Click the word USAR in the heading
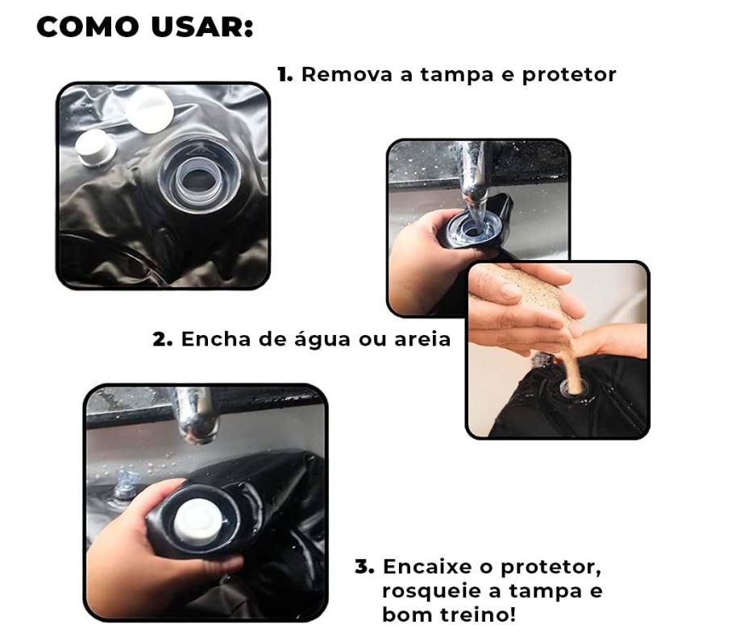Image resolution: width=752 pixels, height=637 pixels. pos(202,27)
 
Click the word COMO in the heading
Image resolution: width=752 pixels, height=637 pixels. pos(88,27)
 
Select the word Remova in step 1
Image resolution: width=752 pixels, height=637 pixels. pos(347,74)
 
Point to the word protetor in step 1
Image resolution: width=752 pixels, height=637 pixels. pos(569,75)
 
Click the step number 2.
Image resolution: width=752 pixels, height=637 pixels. pos(163,339)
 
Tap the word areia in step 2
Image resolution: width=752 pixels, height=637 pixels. pos(422,339)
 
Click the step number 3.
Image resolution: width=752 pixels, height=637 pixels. pos(364,567)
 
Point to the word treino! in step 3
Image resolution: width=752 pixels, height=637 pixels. pos(479,614)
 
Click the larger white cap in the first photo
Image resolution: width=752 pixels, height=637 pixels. pos(150,110)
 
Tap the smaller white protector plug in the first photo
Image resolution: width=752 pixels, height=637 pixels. pos(96,147)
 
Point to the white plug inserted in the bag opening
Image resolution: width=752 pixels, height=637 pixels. pos(198,522)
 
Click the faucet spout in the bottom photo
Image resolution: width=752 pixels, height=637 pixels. pos(197,415)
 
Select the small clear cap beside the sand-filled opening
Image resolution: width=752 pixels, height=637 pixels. pos(543,359)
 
